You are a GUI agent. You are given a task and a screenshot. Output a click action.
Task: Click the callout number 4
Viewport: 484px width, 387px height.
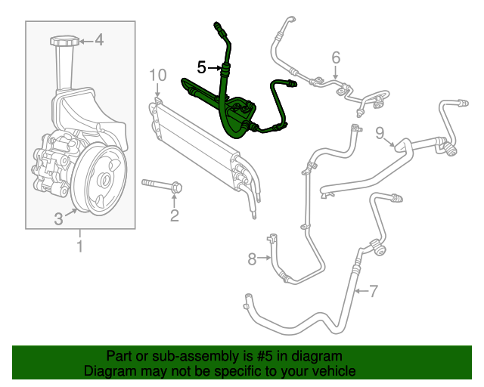[99, 40]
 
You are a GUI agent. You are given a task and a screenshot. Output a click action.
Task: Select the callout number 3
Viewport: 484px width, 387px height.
[58, 220]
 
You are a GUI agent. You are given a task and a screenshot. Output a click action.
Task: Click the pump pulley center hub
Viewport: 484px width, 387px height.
[104, 180]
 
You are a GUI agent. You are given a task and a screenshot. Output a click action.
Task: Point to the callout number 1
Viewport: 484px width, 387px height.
[79, 246]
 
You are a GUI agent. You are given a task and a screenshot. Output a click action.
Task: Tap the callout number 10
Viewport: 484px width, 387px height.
[157, 75]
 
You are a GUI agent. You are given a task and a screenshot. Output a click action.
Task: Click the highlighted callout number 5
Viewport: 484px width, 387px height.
[201, 67]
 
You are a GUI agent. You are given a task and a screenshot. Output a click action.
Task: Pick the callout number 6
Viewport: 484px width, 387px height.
[336, 57]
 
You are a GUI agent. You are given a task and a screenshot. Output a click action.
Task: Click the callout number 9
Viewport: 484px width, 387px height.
[380, 133]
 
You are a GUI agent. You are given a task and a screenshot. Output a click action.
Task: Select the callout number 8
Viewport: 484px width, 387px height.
[253, 259]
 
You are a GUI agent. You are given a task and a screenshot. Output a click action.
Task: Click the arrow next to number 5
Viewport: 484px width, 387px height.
[214, 68]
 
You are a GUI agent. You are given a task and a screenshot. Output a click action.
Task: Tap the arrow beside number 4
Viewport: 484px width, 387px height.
[85, 40]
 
